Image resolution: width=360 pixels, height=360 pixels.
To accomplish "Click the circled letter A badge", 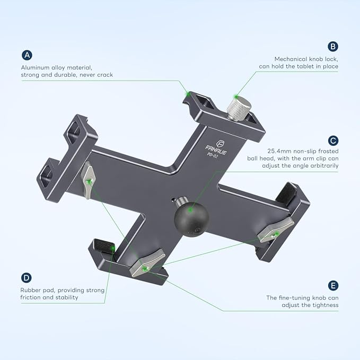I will point(27,55).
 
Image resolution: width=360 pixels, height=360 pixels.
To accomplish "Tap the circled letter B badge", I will point(332,46).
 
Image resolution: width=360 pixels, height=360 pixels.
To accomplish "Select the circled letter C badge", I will point(332,141).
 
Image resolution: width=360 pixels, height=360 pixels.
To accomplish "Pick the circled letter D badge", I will point(27,277).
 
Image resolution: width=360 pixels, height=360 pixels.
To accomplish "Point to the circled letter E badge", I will point(332,286).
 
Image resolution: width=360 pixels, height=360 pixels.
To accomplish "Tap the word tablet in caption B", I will point(301,66).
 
